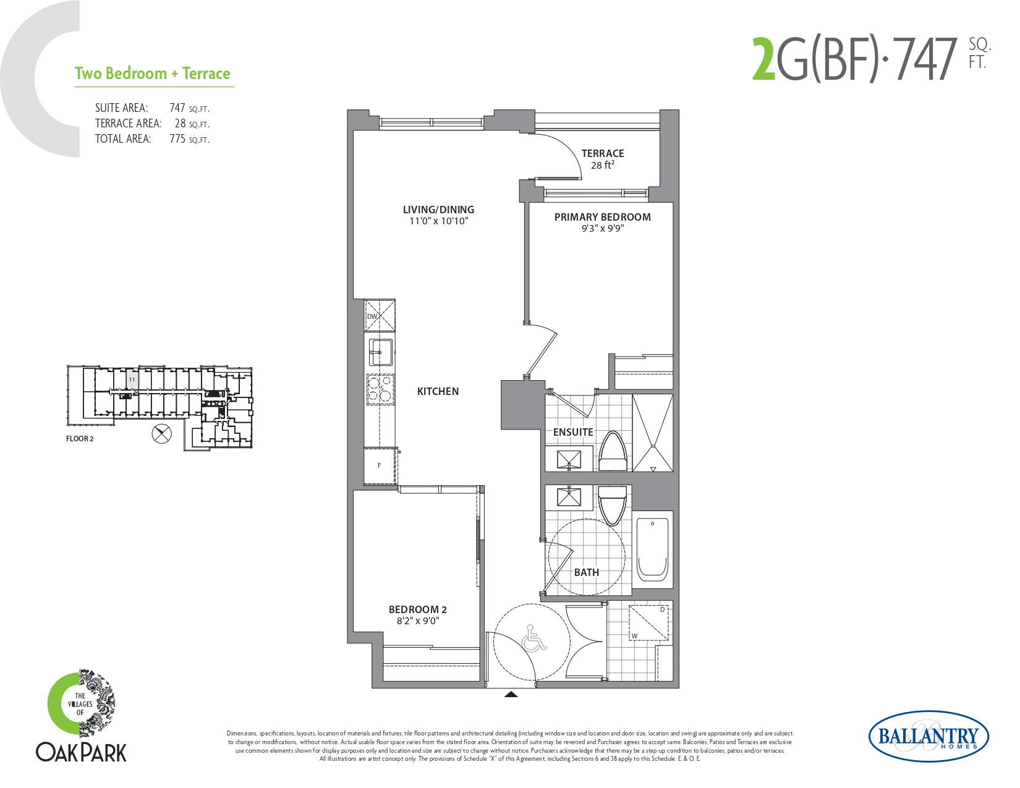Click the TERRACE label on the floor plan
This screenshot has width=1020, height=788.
602,153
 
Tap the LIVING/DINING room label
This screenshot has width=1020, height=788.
438,210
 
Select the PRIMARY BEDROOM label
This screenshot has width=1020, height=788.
602,217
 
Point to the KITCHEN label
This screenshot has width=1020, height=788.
438,391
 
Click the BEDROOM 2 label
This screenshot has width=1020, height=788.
417,609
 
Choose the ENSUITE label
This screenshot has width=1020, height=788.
572,432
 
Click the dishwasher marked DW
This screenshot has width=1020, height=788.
380,316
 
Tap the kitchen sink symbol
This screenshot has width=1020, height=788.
381,352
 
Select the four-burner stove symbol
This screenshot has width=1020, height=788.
380,389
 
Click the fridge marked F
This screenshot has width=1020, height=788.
380,465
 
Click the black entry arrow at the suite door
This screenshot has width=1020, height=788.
511,694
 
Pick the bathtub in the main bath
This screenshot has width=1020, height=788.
652,549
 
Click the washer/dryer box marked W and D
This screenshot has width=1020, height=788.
648,623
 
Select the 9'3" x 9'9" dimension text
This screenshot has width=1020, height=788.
602,229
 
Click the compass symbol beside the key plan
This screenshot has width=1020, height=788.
161,434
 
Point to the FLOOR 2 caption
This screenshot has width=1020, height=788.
80,439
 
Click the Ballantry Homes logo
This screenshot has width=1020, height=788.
929,736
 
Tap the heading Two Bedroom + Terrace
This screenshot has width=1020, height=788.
153,74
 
